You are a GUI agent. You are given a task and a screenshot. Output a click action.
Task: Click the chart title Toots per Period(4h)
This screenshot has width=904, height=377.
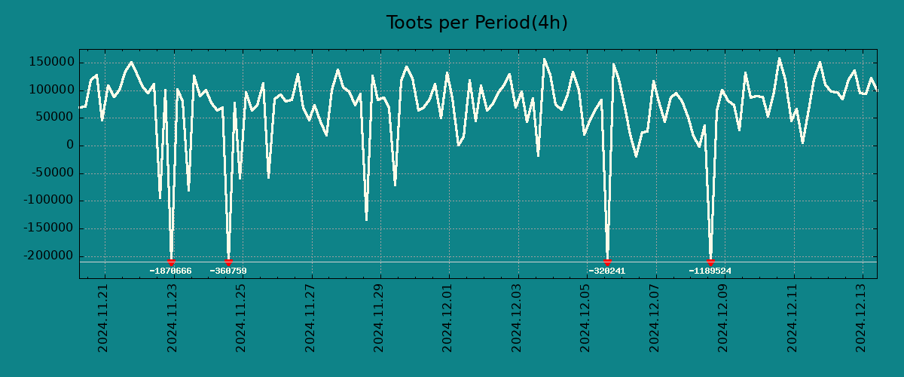point(477,23)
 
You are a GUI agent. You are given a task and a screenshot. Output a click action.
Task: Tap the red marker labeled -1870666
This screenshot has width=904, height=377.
point(171,262)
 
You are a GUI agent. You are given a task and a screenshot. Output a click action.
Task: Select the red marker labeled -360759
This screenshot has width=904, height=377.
point(228,262)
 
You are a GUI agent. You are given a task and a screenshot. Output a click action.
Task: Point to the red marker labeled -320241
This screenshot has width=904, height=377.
point(607,262)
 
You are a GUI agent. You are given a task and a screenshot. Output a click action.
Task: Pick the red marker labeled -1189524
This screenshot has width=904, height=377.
point(710,262)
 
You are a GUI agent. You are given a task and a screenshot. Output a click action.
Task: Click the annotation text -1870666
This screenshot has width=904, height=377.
point(171,271)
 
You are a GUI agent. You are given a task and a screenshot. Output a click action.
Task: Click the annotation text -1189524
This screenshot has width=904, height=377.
point(710,271)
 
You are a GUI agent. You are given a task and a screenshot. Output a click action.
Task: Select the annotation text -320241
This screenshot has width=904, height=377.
point(607,271)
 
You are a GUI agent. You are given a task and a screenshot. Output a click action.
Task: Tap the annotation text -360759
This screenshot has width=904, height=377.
point(228,271)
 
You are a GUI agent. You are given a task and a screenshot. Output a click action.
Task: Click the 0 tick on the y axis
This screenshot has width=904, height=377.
point(69,146)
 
